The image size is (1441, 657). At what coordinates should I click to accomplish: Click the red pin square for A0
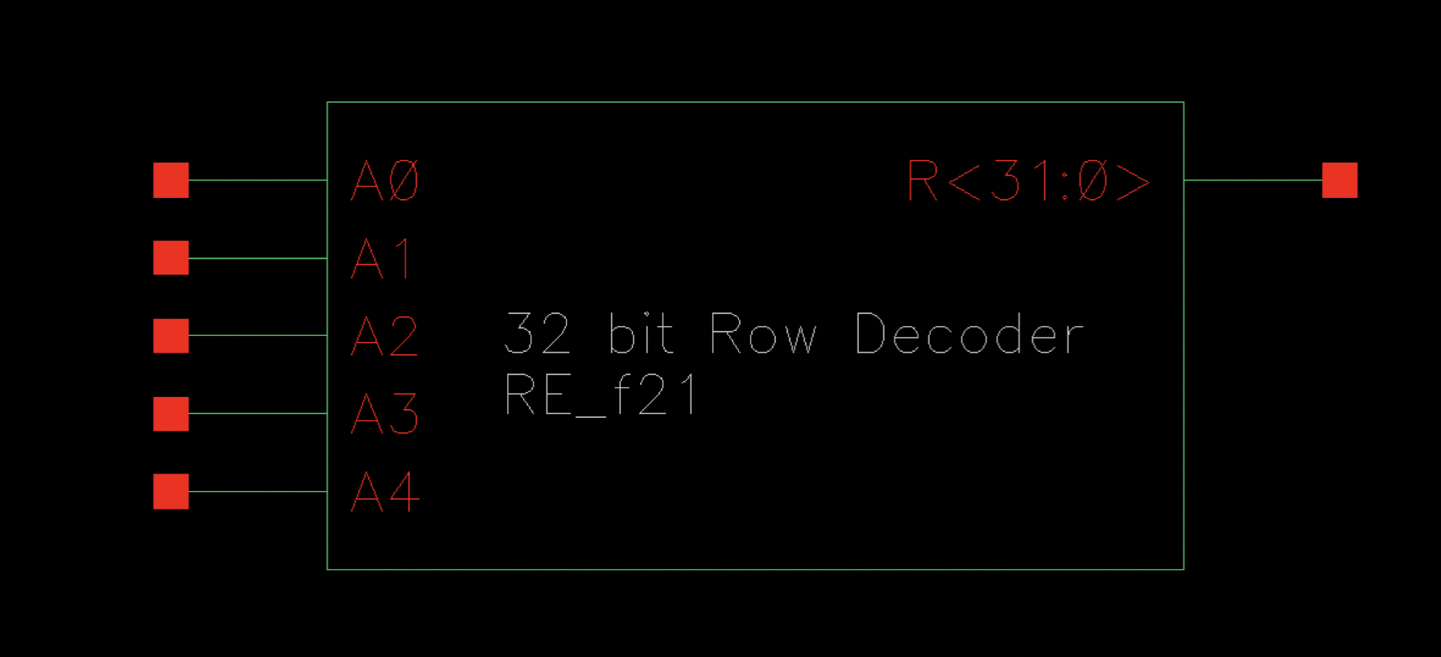171,180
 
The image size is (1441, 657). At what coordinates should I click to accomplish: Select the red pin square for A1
171,258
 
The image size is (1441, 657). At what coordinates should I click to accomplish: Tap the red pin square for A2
171,336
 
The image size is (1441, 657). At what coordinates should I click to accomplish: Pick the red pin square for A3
171,414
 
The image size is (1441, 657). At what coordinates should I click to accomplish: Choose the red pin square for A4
171,491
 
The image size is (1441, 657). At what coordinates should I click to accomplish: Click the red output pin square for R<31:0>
1340,180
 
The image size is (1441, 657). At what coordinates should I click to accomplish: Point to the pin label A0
386,180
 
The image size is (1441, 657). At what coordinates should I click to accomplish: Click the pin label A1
382,258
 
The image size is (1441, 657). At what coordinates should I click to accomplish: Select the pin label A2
386,336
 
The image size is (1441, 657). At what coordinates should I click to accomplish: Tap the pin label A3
386,414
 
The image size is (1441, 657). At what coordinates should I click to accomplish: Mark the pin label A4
386,491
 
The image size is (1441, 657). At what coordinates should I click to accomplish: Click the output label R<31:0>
1029,180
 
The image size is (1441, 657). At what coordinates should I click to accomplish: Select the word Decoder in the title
969,334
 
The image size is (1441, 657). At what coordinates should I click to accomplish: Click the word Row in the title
763,334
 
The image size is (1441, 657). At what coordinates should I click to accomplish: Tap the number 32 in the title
537,334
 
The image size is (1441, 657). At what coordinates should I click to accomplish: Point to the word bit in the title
641,334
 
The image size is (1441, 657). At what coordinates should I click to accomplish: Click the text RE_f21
601,395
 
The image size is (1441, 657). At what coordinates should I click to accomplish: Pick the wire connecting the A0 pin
258,180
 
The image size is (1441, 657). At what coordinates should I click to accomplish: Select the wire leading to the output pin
1253,180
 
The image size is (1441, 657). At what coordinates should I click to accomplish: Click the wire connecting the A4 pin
258,491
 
